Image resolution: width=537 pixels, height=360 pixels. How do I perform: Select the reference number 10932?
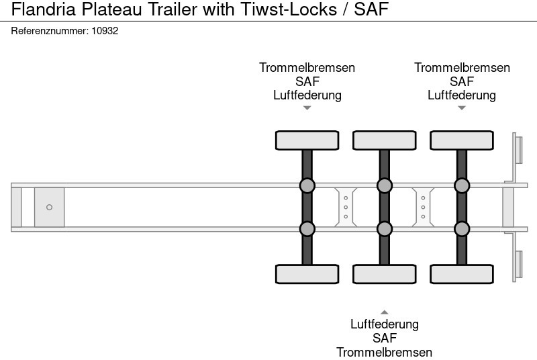tap(105, 31)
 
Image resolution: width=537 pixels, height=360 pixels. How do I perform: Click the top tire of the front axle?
tap(307, 140)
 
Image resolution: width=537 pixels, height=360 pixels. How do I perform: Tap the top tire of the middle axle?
tap(384, 140)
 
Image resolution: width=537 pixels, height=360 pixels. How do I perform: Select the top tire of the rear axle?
tap(461, 140)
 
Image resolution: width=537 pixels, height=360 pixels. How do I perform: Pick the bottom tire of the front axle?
tap(307, 274)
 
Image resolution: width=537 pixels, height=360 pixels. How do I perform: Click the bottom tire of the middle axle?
tap(384, 274)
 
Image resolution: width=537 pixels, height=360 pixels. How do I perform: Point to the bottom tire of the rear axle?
tap(461, 274)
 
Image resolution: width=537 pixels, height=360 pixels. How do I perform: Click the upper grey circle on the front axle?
tap(307, 185)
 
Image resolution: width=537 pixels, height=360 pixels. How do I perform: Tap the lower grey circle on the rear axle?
tap(461, 229)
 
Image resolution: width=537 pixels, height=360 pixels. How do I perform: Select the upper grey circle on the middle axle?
tap(384, 185)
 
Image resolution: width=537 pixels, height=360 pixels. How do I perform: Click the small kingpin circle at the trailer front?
tap(49, 208)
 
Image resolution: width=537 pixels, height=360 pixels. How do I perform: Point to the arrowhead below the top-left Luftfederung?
tap(307, 108)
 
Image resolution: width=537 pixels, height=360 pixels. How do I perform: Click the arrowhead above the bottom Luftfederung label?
tap(384, 312)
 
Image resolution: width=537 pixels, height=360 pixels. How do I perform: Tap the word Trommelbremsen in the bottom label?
tap(384, 352)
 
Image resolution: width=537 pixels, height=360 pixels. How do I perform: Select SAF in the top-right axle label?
tap(461, 81)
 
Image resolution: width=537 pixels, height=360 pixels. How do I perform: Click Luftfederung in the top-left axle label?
tap(307, 95)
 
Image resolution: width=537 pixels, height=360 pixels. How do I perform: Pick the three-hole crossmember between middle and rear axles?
tap(423, 207)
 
